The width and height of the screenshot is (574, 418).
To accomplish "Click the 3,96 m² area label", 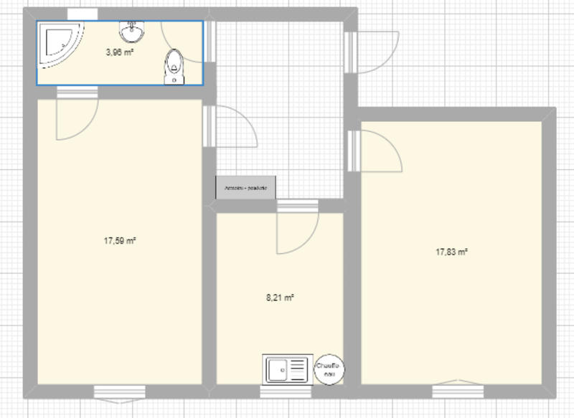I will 120,52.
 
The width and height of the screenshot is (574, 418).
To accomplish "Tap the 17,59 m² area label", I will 120,242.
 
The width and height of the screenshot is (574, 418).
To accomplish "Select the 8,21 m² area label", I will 281,297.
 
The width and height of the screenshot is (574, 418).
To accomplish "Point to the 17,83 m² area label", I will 451,252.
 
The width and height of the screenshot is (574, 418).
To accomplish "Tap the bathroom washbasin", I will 131,32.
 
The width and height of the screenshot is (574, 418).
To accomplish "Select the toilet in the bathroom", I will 174,66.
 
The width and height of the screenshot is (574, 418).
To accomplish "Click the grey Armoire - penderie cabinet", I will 246,188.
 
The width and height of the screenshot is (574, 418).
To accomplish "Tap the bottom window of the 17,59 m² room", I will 120,391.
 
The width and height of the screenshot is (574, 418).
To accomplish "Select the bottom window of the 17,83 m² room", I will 457,391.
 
